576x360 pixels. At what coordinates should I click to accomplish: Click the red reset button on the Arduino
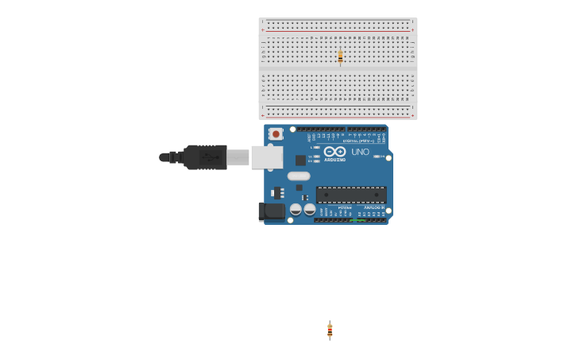point(276,134)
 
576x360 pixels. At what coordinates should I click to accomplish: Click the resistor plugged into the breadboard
point(340,56)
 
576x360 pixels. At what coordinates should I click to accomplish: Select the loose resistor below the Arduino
point(330,331)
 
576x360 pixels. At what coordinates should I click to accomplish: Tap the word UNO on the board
point(360,152)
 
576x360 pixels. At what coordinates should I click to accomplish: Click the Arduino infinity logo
point(334,151)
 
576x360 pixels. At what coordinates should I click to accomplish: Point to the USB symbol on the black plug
point(209,157)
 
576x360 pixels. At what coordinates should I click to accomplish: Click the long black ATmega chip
point(351,195)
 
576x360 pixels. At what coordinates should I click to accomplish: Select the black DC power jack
point(272,211)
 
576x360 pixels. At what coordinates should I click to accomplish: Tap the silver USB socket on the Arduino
point(266,157)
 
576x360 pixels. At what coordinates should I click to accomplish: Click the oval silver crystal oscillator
point(299,176)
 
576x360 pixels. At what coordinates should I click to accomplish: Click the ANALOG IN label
point(373,207)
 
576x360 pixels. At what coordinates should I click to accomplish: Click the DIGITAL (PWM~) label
point(358,141)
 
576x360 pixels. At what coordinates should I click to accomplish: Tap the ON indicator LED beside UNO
point(377,156)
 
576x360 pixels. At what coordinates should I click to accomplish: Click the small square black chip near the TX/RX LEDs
point(301,160)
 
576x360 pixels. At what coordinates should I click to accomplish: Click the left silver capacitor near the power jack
point(296,210)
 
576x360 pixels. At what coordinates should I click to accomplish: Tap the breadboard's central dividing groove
point(338,70)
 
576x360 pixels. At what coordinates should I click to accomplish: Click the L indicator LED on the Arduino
point(316,147)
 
